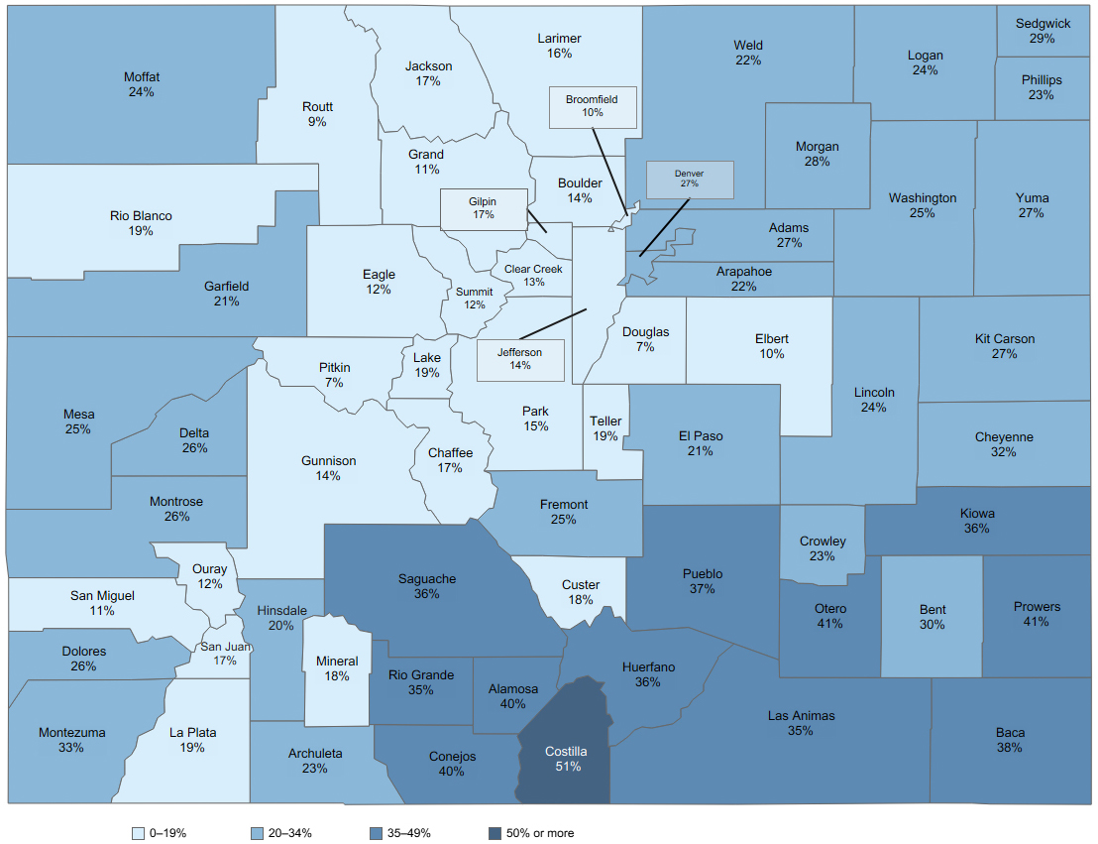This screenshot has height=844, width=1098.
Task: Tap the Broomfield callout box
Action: pyautogui.click(x=592, y=106)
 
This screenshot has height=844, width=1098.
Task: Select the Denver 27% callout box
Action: pyautogui.click(x=690, y=180)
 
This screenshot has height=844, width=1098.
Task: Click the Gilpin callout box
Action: pyautogui.click(x=483, y=208)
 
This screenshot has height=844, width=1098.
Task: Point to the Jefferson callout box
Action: pyautogui.click(x=520, y=359)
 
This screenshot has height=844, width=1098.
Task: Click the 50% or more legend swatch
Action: pyautogui.click(x=495, y=833)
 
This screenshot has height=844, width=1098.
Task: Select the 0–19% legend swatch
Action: pyautogui.click(x=138, y=833)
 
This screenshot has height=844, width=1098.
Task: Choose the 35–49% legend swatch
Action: pyautogui.click(x=375, y=833)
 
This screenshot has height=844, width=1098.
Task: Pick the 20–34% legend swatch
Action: pyautogui.click(x=257, y=833)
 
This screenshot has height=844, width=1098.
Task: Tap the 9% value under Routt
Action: pyautogui.click(x=317, y=122)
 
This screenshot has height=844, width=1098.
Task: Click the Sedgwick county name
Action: pyautogui.click(x=1043, y=24)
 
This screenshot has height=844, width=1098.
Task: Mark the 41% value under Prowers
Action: pyautogui.click(x=1037, y=622)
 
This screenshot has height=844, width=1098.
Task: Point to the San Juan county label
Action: pyautogui.click(x=225, y=647)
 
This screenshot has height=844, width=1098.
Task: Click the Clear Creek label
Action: pyautogui.click(x=532, y=269)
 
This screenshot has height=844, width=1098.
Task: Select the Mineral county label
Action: pyautogui.click(x=337, y=662)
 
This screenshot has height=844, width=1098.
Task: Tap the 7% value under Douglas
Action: pyautogui.click(x=645, y=347)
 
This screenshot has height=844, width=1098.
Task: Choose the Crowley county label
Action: pyautogui.click(x=823, y=542)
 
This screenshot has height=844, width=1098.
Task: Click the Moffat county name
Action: pyautogui.click(x=142, y=77)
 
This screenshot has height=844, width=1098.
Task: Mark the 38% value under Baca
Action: pyautogui.click(x=1010, y=748)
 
